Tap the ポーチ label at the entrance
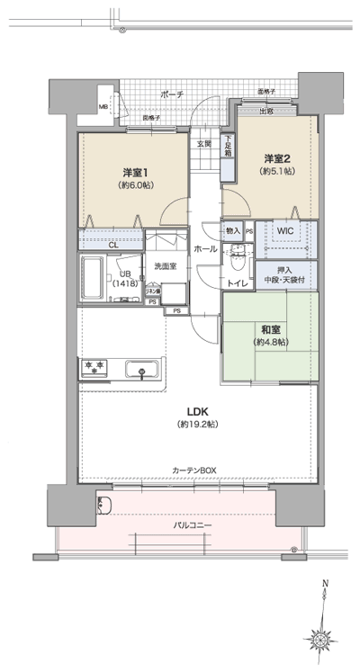(x=172, y=94)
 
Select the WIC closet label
(x=285, y=230)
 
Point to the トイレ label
(x=237, y=282)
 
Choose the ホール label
(x=203, y=248)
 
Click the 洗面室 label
(x=164, y=265)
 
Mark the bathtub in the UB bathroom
(x=93, y=280)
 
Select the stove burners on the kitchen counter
(x=94, y=368)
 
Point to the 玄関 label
(x=204, y=144)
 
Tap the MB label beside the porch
(x=103, y=106)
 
